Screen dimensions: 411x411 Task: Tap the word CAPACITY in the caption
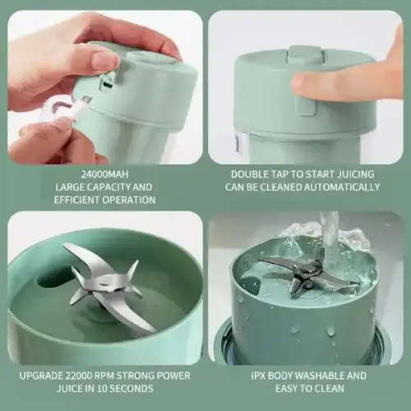pyautogui.click(x=104, y=187)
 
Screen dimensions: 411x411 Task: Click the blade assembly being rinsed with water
pyautogui.click(x=308, y=275)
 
